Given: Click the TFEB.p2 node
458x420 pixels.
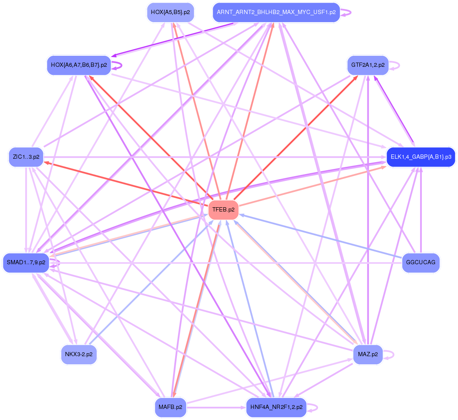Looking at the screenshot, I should (x=223, y=210).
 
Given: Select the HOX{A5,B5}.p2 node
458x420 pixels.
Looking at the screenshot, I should (x=170, y=12).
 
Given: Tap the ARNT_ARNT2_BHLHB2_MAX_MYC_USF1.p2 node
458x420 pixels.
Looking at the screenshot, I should (x=276, y=12).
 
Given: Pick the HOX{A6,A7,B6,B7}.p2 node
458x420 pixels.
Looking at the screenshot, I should (x=79, y=65).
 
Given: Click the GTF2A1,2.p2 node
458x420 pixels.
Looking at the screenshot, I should (x=368, y=65).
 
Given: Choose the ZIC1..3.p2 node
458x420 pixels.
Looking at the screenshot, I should (x=26, y=157).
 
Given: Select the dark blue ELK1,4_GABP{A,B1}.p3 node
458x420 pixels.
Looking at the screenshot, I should (x=421, y=157).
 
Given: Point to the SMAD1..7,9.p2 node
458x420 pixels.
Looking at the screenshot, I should (x=26, y=263).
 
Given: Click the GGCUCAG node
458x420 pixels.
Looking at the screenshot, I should (x=421, y=263).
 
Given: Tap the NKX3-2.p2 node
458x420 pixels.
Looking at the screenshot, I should (x=79, y=354).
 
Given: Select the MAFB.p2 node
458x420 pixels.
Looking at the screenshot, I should (x=170, y=407).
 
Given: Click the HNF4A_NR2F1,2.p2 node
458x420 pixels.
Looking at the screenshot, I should (x=276, y=407).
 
